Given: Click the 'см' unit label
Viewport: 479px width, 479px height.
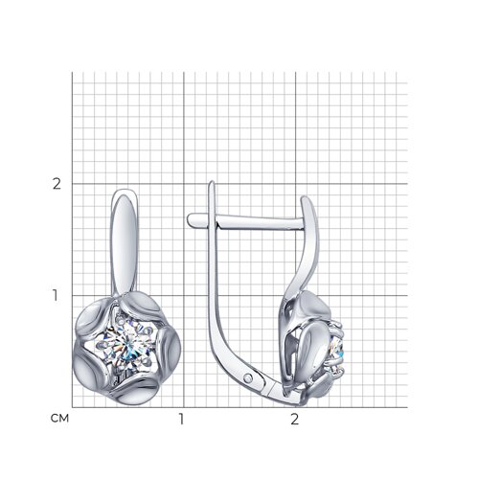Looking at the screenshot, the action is pos(59,419).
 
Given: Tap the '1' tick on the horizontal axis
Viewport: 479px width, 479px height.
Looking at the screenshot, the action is pos(181,420).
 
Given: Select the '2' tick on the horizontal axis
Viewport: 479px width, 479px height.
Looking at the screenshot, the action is pos(294,420).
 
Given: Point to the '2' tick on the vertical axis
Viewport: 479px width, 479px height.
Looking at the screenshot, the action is pos(57,184).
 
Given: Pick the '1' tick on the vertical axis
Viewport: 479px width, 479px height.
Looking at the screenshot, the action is pos(56,296).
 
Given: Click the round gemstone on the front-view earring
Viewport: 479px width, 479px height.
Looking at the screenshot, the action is pos(126,347).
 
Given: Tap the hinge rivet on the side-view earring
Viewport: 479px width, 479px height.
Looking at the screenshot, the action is pos(248,378).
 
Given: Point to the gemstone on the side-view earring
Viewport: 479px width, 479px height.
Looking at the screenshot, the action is pos(336,352).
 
